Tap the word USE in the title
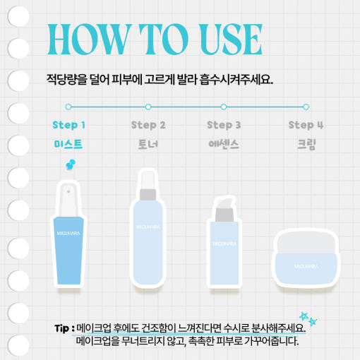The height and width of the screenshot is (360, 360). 231,39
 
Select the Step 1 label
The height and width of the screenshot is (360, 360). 68,125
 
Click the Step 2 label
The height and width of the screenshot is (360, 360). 148,125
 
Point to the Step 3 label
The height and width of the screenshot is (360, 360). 224,125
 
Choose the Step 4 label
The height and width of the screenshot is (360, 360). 306,125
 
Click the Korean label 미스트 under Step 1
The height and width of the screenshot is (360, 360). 68,144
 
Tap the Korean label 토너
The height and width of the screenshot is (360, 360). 148,144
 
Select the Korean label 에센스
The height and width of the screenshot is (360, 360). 224,144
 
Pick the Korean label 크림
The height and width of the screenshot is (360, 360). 306,144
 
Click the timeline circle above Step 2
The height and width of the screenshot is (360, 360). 148,107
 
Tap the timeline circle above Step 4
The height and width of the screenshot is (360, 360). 306,107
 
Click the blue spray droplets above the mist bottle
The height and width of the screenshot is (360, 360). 71,164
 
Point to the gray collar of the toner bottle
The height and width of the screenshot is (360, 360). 148,195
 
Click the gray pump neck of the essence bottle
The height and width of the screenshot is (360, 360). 224,215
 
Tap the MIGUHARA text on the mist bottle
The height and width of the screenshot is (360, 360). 68,233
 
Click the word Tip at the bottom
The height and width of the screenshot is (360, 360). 62,328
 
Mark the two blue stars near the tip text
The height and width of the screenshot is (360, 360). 308,318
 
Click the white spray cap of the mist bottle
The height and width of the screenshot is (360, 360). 68,200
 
